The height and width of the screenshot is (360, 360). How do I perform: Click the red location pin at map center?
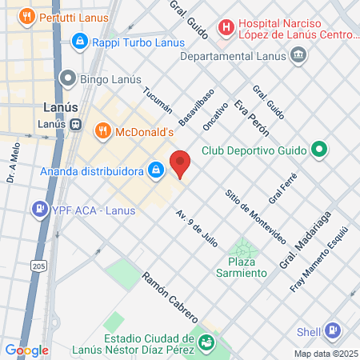[x=181, y=164]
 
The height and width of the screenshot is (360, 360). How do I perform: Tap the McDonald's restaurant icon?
[x=102, y=130]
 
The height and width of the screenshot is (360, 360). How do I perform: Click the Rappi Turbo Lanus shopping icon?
[x=79, y=40]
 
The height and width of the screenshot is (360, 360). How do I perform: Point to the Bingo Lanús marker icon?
[x=68, y=78]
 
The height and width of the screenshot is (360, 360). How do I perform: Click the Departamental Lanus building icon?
[x=298, y=54]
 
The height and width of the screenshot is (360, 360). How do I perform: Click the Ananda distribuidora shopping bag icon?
[x=156, y=170]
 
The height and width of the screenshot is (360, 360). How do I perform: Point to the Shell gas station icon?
[x=332, y=331]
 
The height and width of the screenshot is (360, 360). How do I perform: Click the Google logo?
[x=26, y=350]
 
